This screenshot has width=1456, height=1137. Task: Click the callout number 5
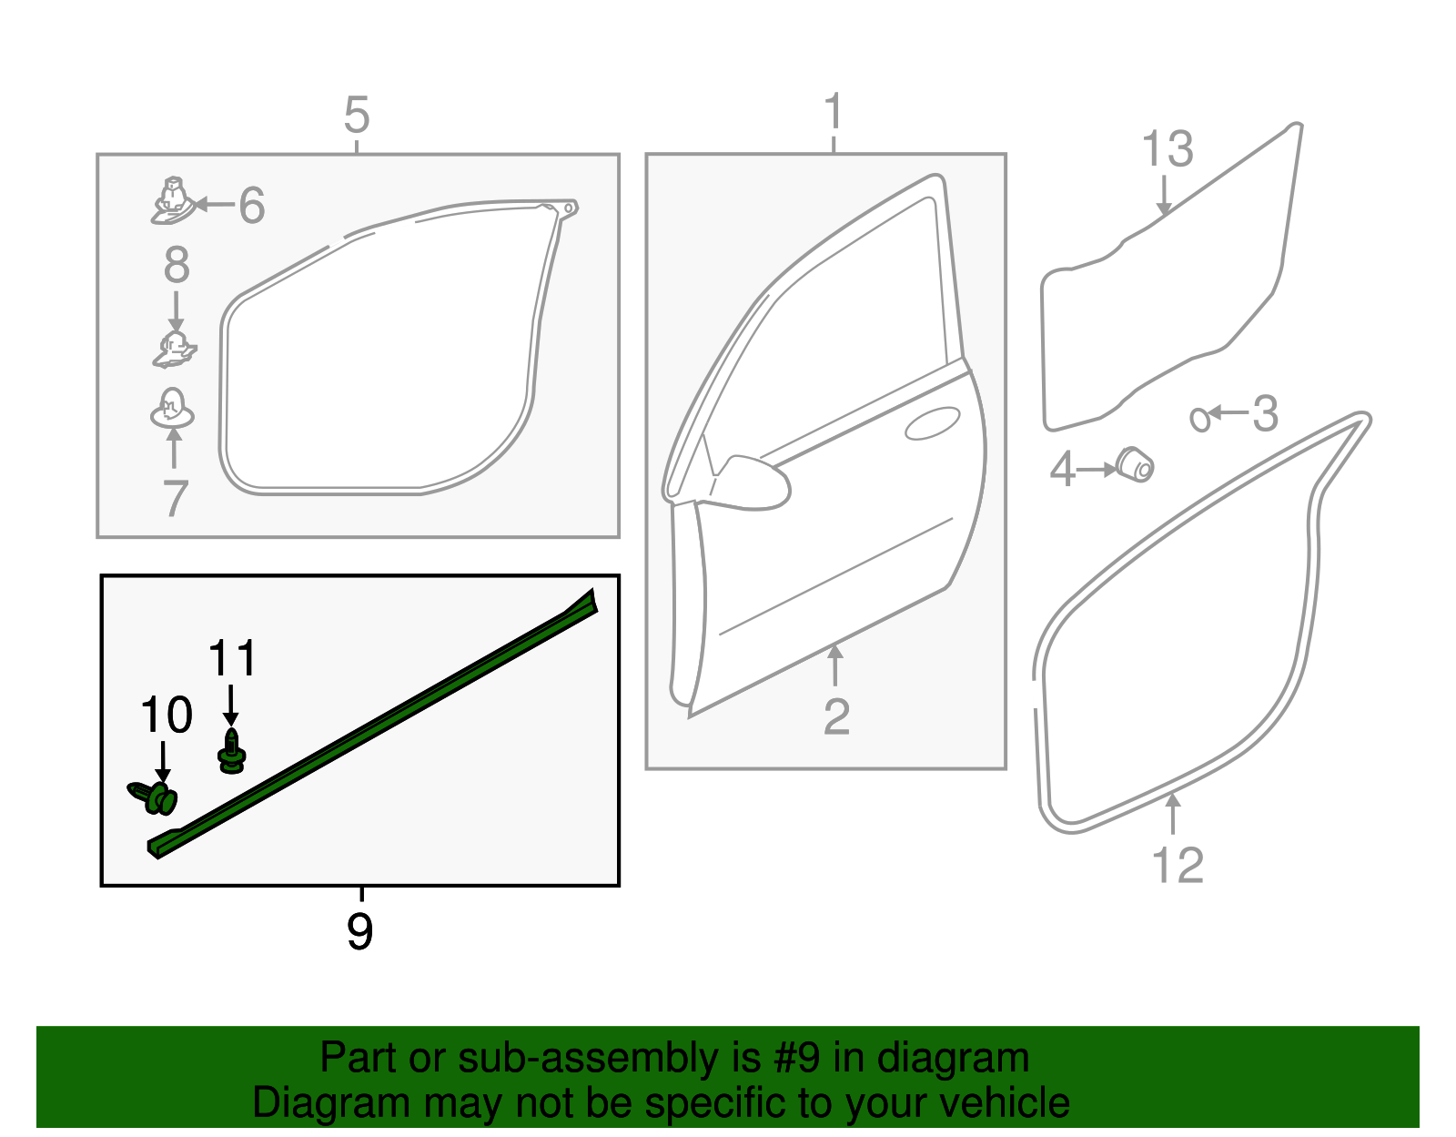click(357, 116)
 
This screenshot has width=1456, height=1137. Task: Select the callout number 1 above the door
click(833, 113)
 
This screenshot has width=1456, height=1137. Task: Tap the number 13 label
click(1167, 149)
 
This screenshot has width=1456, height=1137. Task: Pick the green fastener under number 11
click(232, 751)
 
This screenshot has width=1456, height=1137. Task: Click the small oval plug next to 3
click(1200, 419)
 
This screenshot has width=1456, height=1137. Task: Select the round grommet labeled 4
click(1135, 464)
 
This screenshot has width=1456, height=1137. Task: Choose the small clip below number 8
click(175, 350)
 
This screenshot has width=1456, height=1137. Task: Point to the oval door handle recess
click(933, 424)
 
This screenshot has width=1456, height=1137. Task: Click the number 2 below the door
click(835, 717)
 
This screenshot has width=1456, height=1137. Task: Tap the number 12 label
click(1177, 866)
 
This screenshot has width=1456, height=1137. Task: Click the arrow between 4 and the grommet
click(1097, 470)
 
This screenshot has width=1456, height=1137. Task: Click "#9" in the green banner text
click(798, 1059)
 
